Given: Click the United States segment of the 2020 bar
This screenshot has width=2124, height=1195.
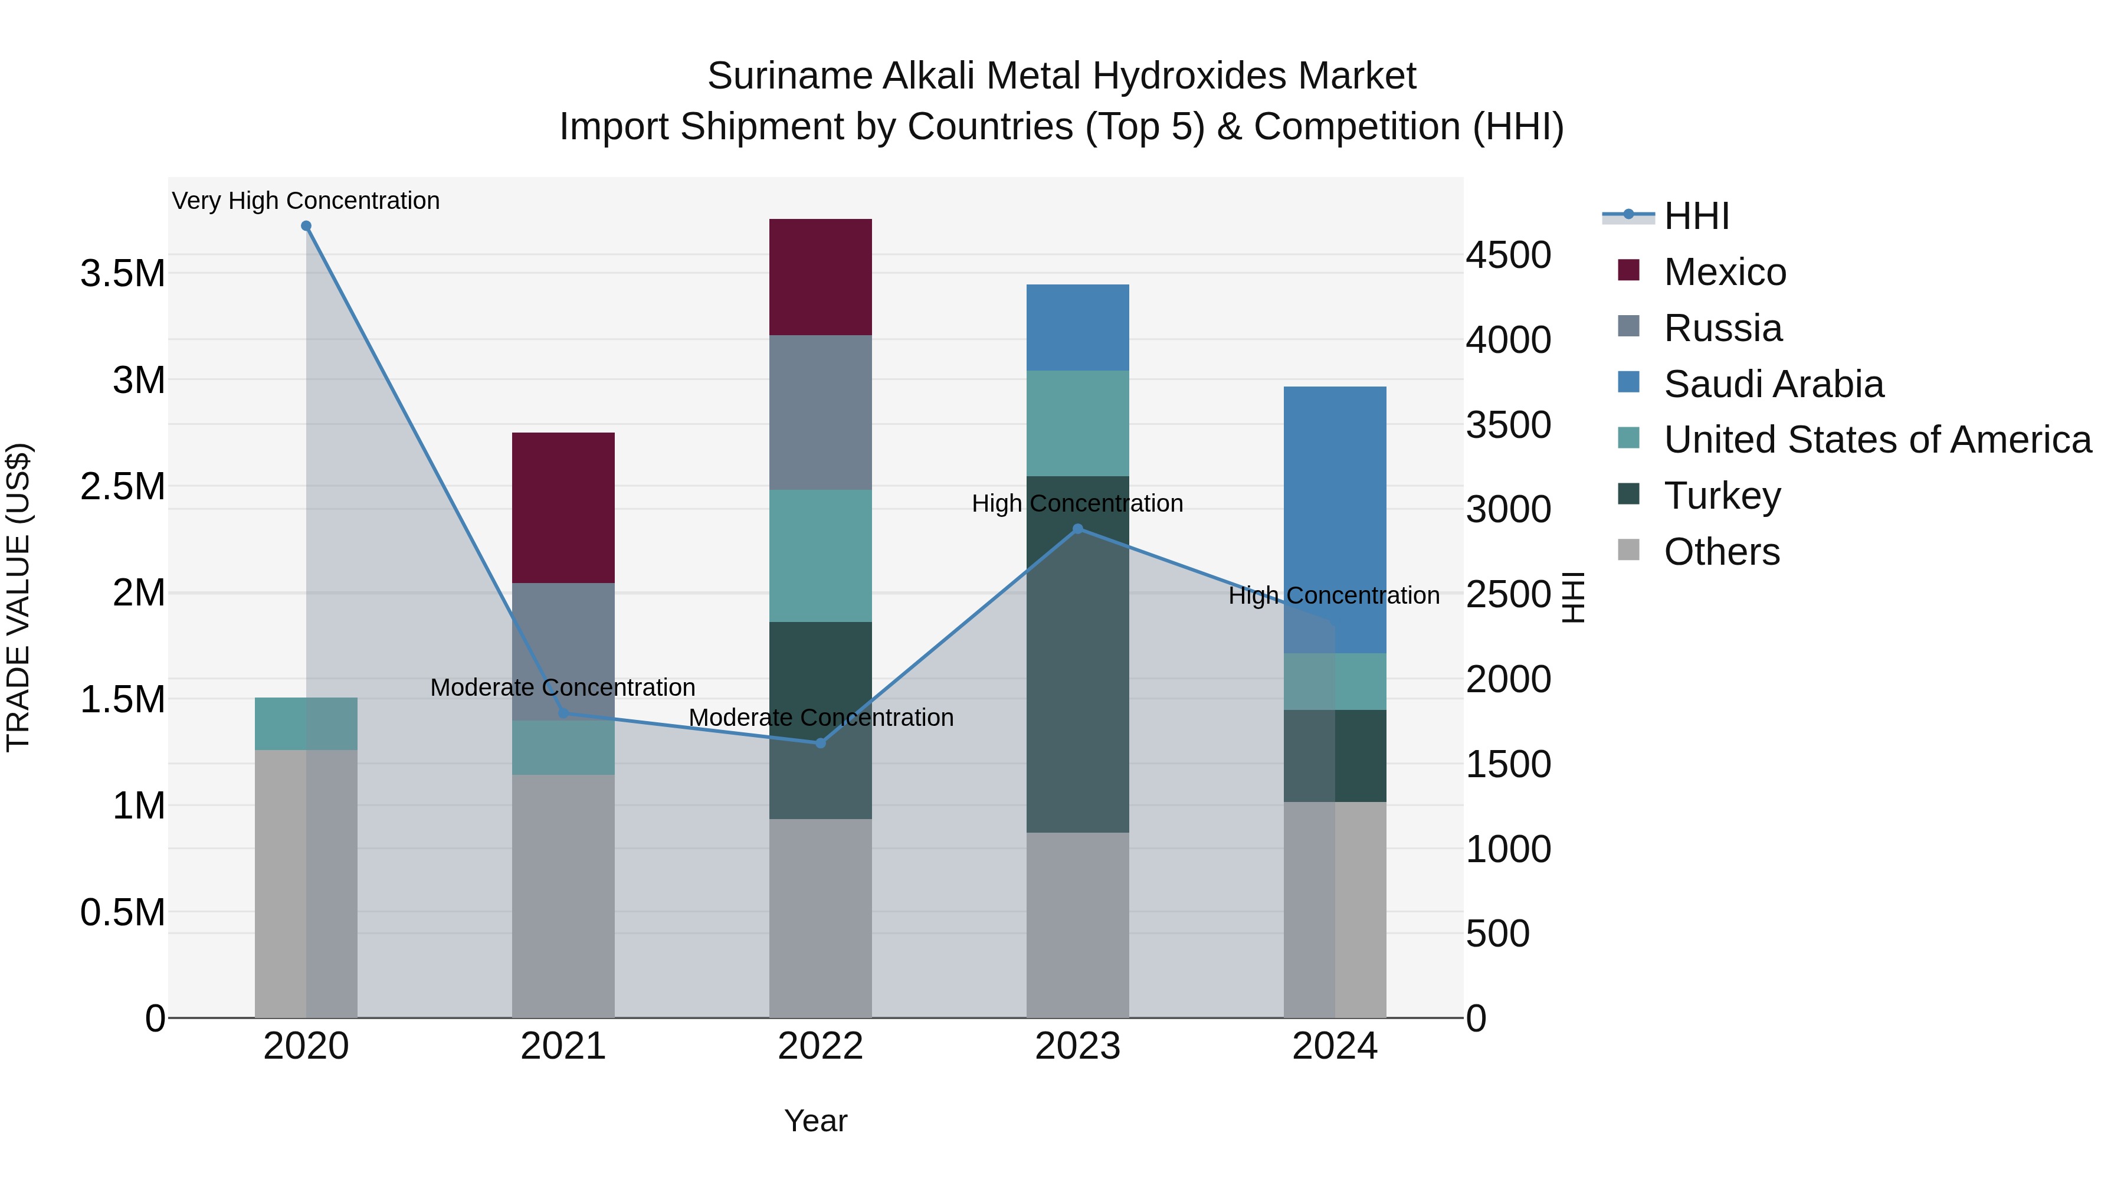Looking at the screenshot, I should [305, 723].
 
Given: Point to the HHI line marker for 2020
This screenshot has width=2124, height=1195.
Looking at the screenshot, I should [306, 226].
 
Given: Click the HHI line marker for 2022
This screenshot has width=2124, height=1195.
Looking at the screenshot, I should [821, 743].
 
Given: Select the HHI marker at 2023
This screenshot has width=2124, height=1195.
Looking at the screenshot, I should [1078, 529].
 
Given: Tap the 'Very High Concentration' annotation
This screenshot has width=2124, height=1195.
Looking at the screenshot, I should [305, 201].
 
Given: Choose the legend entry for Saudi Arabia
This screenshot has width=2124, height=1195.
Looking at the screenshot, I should [1773, 384].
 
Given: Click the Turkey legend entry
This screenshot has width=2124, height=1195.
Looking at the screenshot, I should [1722, 496].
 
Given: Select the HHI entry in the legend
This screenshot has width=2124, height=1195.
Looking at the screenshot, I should [1695, 216].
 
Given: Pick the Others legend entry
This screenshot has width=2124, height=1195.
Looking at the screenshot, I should [1721, 552].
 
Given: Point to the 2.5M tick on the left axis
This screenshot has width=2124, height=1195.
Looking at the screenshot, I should [123, 487].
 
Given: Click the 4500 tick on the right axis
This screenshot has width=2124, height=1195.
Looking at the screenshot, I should [1507, 255].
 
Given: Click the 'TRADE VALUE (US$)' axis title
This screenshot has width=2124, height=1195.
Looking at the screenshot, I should [18, 597].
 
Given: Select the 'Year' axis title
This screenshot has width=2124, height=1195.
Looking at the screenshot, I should [815, 1121].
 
